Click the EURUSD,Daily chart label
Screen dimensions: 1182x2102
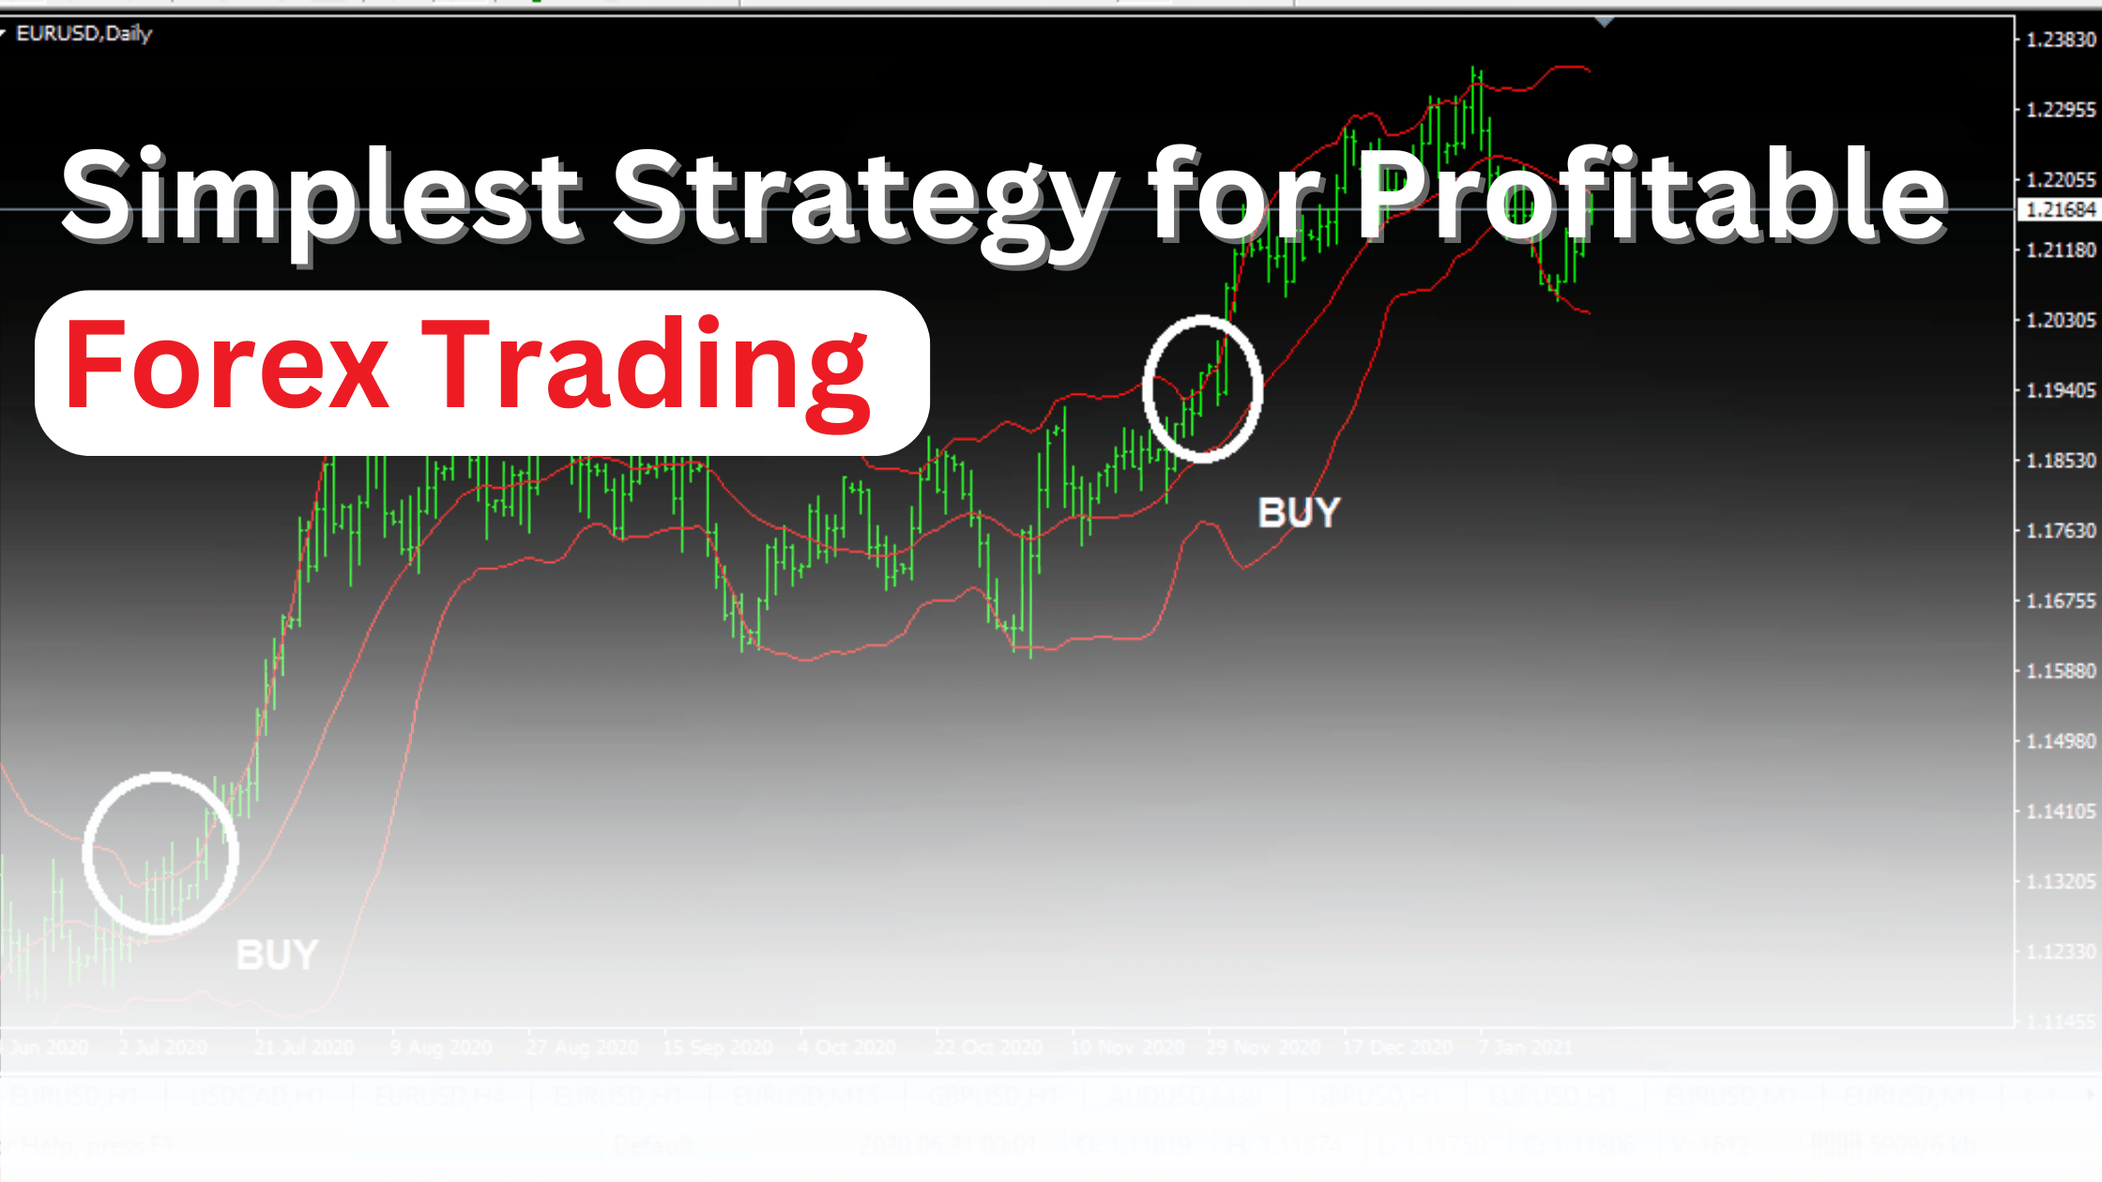point(84,34)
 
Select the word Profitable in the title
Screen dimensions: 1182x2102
point(1652,195)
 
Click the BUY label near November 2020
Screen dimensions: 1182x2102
point(1299,513)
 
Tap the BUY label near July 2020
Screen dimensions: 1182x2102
point(277,955)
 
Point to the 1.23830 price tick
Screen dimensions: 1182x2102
point(2061,39)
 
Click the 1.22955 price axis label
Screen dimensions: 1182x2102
point(2061,110)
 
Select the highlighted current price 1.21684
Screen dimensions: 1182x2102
point(2061,209)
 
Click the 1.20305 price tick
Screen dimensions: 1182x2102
point(2061,321)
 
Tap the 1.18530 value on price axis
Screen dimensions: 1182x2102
point(2061,461)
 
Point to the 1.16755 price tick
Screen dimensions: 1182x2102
point(2061,601)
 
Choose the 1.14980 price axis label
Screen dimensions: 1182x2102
point(2061,741)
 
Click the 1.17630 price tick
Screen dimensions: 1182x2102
point(2061,531)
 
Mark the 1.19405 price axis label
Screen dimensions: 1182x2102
point(2061,390)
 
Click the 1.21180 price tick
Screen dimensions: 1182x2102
point(2061,250)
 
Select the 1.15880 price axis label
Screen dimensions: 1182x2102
point(2061,672)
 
